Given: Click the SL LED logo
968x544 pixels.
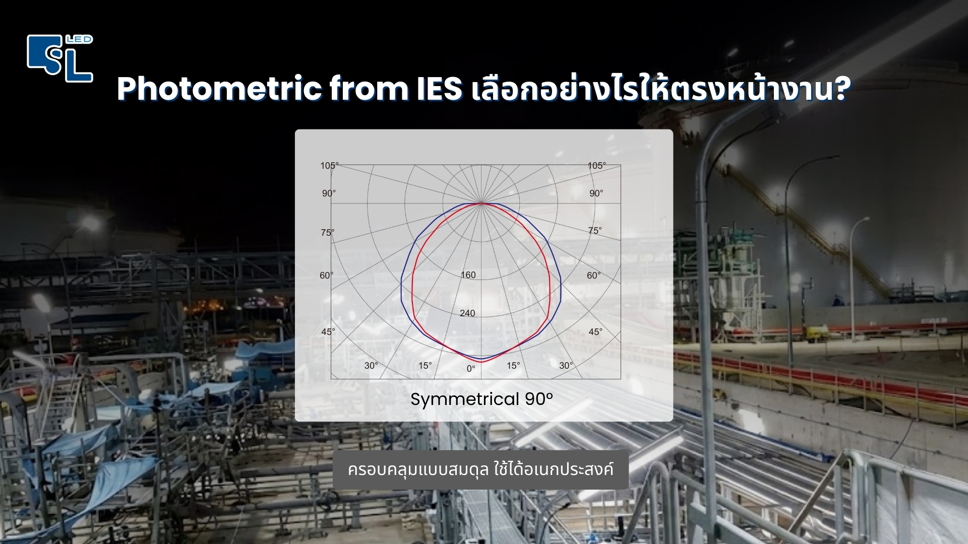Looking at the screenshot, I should click(x=60, y=58).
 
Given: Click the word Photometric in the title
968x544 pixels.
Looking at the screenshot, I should click(x=219, y=89).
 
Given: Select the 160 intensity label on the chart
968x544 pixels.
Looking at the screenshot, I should click(x=468, y=275).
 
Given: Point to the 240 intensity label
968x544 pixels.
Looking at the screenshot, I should click(x=467, y=313).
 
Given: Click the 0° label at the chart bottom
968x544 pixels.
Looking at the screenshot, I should click(x=471, y=369).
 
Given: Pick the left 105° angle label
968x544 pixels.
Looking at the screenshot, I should click(x=329, y=166).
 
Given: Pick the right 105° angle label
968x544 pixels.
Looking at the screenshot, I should click(x=596, y=166).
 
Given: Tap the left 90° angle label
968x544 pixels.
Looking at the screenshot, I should click(x=329, y=193).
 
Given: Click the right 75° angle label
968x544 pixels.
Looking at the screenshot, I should click(x=595, y=231).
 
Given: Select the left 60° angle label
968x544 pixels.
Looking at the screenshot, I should click(x=326, y=276).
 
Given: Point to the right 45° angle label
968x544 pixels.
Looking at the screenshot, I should click(x=595, y=332).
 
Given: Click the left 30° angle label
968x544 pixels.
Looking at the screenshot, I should click(x=371, y=366).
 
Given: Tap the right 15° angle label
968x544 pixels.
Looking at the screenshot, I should click(x=513, y=366).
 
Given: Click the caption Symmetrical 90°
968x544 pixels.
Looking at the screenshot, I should click(x=481, y=399).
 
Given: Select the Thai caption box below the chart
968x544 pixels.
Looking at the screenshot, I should click(x=480, y=469).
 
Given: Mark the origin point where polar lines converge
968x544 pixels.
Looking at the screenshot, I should click(x=481, y=203).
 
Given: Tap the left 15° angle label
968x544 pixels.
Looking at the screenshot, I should click(x=425, y=366).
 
